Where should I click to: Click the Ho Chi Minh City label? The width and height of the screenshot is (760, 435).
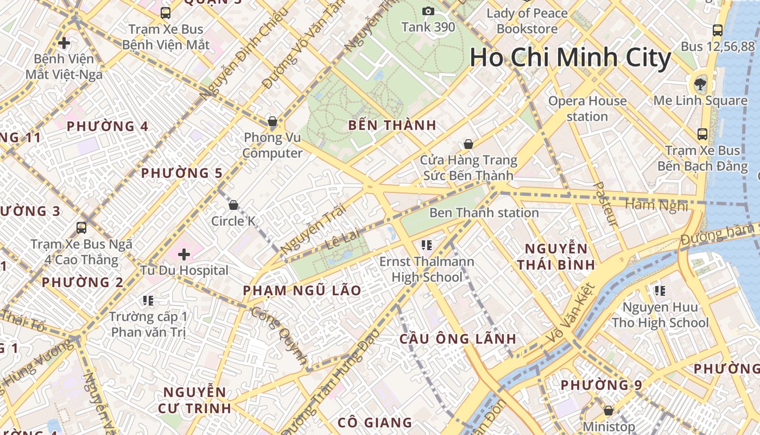coord(570,58)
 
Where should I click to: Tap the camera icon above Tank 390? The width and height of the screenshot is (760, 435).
coord(428,11)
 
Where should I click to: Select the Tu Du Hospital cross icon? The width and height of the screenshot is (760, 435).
coord(184,254)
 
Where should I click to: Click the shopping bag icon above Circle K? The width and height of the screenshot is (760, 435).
coord(233,205)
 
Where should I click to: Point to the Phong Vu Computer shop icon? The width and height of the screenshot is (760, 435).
coord(273,121)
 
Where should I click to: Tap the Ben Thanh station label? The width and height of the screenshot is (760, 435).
coord(484,213)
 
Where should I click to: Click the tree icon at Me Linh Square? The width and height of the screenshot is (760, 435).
coord(700,84)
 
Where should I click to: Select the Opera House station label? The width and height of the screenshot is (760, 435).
coord(587,108)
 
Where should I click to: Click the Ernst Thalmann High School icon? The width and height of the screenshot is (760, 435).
coord(426,245)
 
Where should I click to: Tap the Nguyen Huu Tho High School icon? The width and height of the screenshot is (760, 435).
coord(660,291)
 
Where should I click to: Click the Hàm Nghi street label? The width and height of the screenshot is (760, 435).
coord(657,206)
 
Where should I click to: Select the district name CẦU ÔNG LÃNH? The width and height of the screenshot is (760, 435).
coord(458,339)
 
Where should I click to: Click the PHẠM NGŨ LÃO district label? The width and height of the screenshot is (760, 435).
coord(302,290)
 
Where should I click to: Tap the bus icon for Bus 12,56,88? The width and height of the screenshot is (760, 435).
coord(718,30)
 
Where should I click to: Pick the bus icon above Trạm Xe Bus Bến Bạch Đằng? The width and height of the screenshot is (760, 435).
coord(702,134)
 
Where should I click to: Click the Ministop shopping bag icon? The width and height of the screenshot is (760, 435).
coord(609,411)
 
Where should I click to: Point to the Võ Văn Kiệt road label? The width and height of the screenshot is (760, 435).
coord(570,314)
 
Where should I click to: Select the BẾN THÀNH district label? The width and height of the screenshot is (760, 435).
coord(392,125)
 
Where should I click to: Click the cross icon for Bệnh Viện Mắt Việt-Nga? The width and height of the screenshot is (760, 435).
coord(64,42)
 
